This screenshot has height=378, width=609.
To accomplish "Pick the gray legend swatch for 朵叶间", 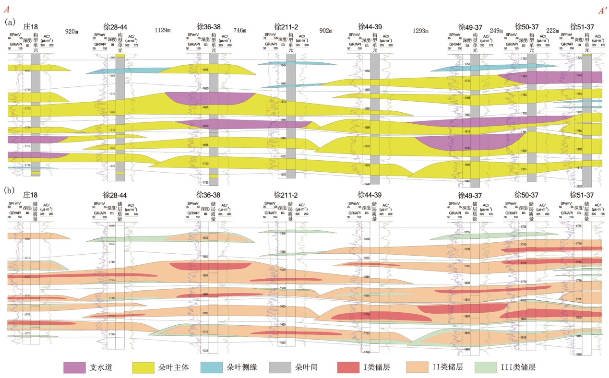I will [283, 367].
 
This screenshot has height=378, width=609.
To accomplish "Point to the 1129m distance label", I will [163, 30].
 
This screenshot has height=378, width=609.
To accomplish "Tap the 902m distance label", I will [326, 31].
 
